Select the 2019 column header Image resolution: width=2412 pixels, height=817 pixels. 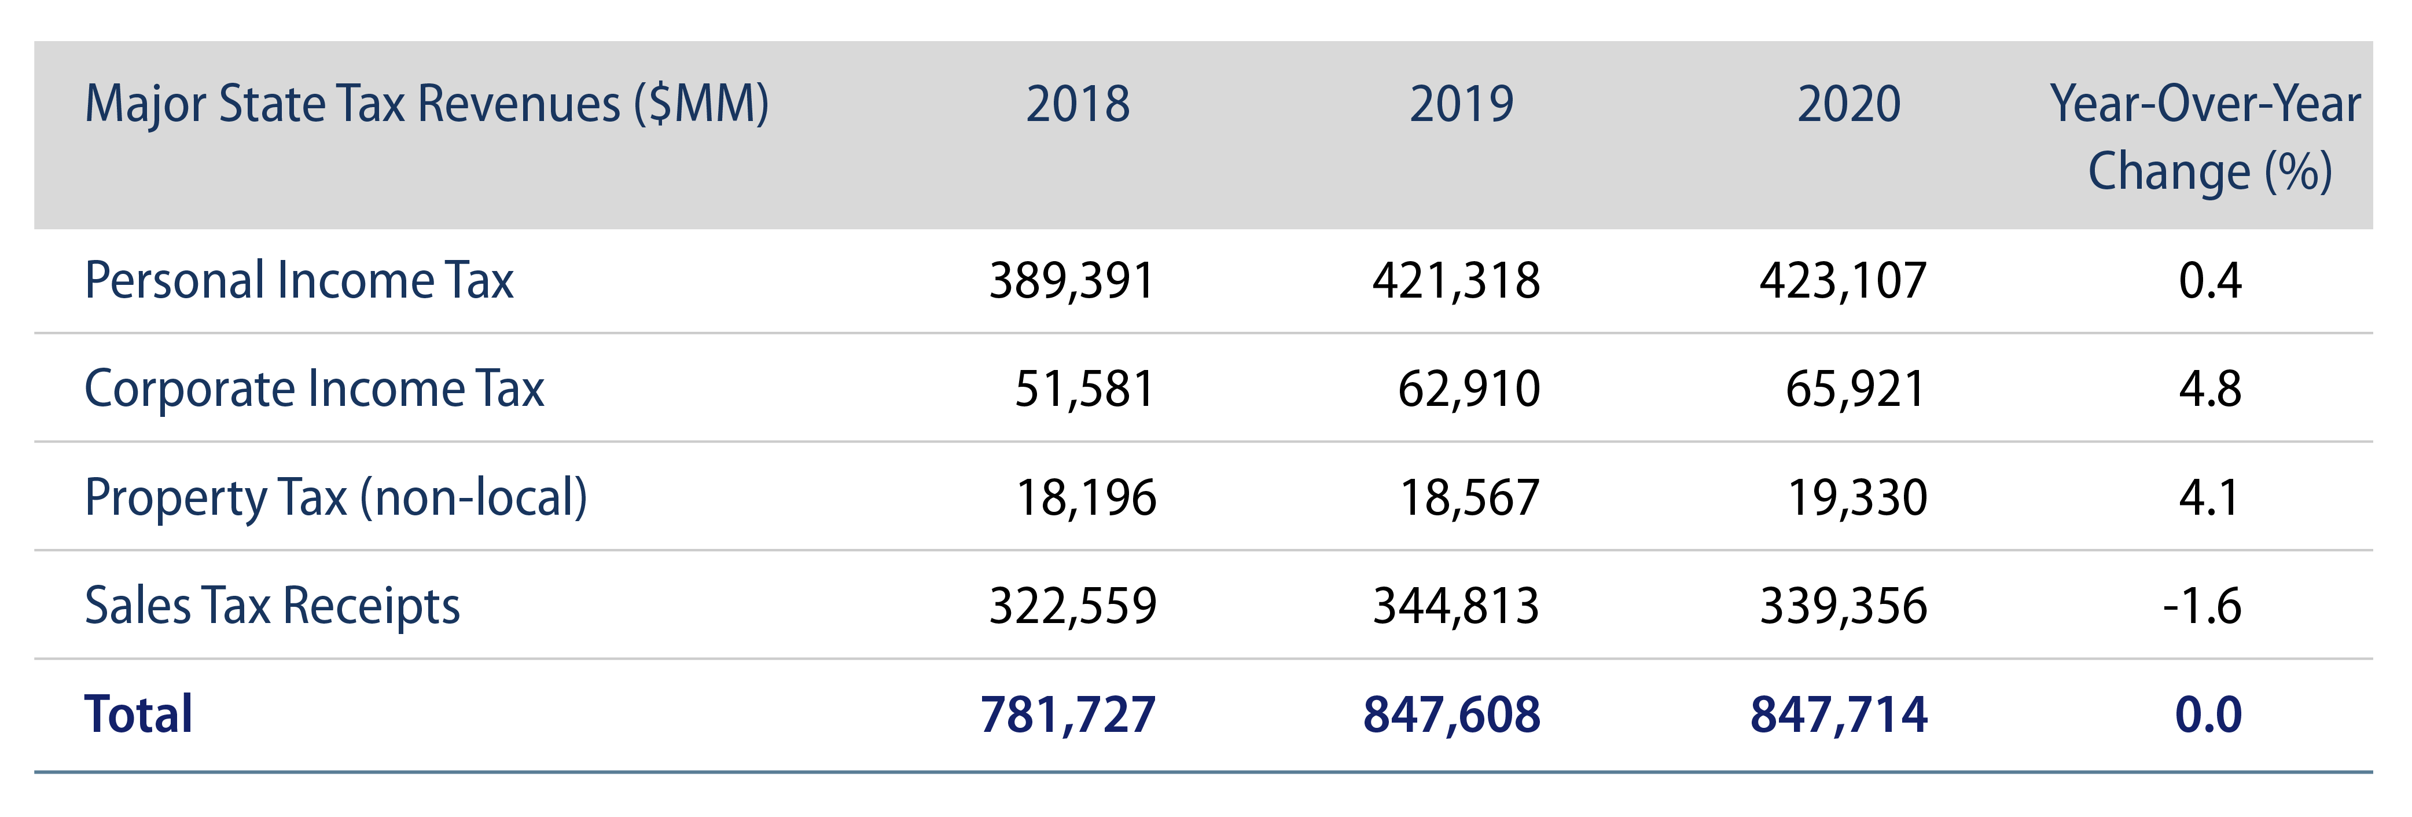1462,104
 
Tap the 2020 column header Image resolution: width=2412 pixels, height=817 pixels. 1850,104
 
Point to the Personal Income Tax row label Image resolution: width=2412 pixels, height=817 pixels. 299,280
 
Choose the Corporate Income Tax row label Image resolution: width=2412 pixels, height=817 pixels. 314,389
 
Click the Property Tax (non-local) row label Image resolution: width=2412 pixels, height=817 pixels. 335,497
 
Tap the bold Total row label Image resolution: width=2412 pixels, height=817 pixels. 138,714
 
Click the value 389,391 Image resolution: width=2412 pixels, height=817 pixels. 1072,280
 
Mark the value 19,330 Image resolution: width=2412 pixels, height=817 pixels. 1857,497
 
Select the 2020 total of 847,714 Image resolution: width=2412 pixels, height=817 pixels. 1839,714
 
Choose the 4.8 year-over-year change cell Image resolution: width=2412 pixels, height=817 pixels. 2210,389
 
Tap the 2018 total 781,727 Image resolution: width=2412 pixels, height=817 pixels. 1068,714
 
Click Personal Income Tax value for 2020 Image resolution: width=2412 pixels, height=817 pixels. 1843,280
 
